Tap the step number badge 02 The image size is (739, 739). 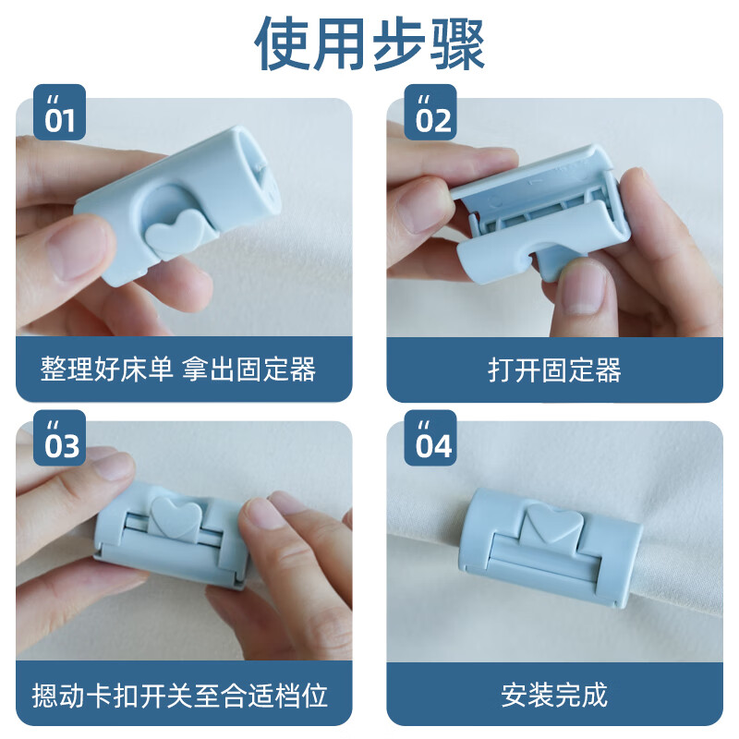pos(433,117)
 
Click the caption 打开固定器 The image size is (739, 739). pos(554,370)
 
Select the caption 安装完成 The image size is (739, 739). pos(554,694)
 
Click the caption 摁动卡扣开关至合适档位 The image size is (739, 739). pos(180,694)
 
